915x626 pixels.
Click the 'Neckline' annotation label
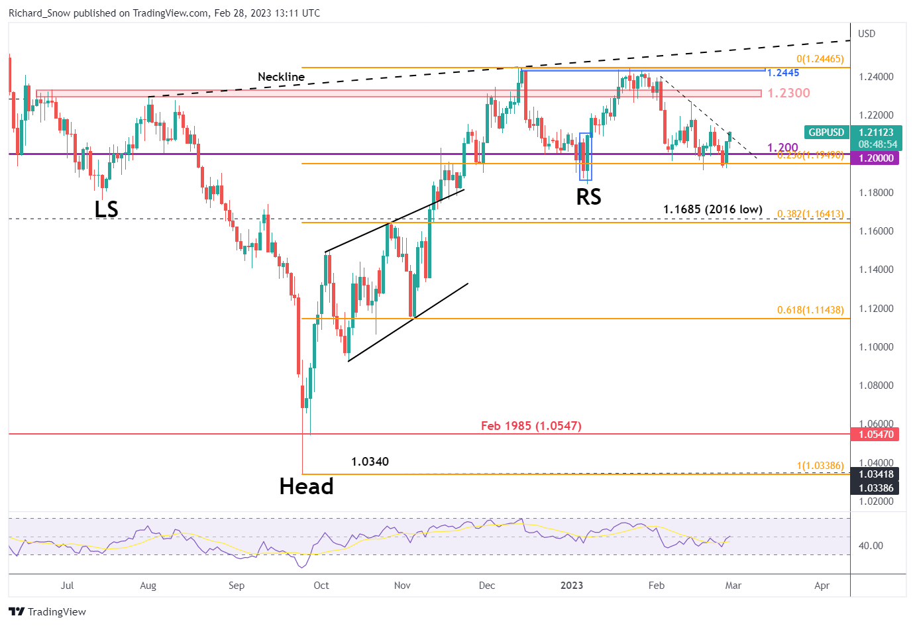point(281,77)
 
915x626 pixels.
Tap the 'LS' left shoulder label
point(106,209)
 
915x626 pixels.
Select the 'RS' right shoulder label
point(588,197)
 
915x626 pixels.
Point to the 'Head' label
point(306,487)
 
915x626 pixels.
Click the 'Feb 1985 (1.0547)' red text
point(531,426)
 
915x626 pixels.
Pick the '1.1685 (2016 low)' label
point(712,209)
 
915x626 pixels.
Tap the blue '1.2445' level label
point(783,73)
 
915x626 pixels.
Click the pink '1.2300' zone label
point(788,93)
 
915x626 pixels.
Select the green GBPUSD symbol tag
point(826,132)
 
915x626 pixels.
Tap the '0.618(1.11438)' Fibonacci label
point(810,310)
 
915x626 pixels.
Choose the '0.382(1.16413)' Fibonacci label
point(810,214)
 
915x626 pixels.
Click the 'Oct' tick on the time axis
point(321,586)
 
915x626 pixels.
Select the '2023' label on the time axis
point(571,586)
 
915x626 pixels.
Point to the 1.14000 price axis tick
point(876,270)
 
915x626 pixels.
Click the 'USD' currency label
point(867,34)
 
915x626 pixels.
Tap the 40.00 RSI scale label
point(871,546)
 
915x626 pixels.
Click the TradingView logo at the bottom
point(48,612)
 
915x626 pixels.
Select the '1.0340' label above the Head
point(370,462)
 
